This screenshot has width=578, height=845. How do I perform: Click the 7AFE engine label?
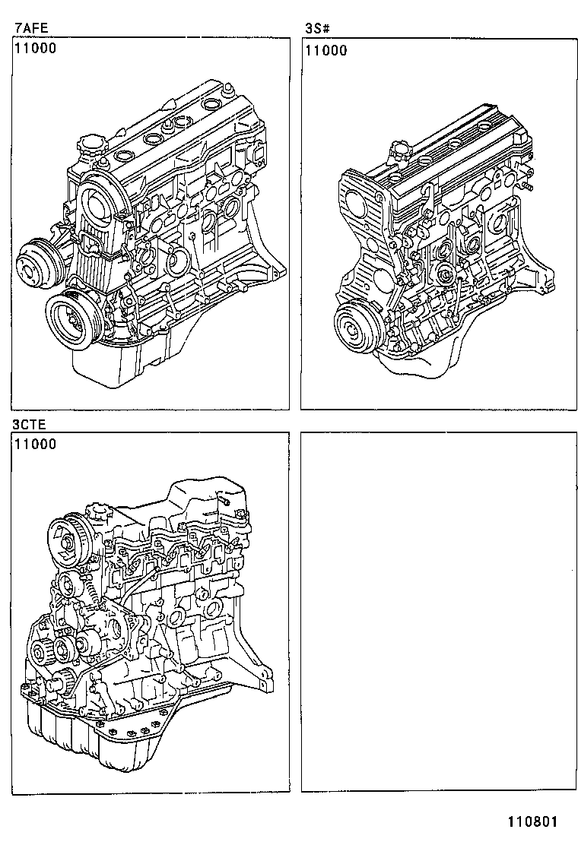(x=31, y=30)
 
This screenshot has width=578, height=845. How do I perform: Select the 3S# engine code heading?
(x=316, y=30)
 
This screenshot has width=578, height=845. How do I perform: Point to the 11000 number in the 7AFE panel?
(x=34, y=50)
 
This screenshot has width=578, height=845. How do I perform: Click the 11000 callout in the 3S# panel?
(x=326, y=51)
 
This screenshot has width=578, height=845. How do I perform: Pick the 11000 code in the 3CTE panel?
(x=34, y=445)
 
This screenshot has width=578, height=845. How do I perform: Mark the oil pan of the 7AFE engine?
(x=129, y=365)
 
